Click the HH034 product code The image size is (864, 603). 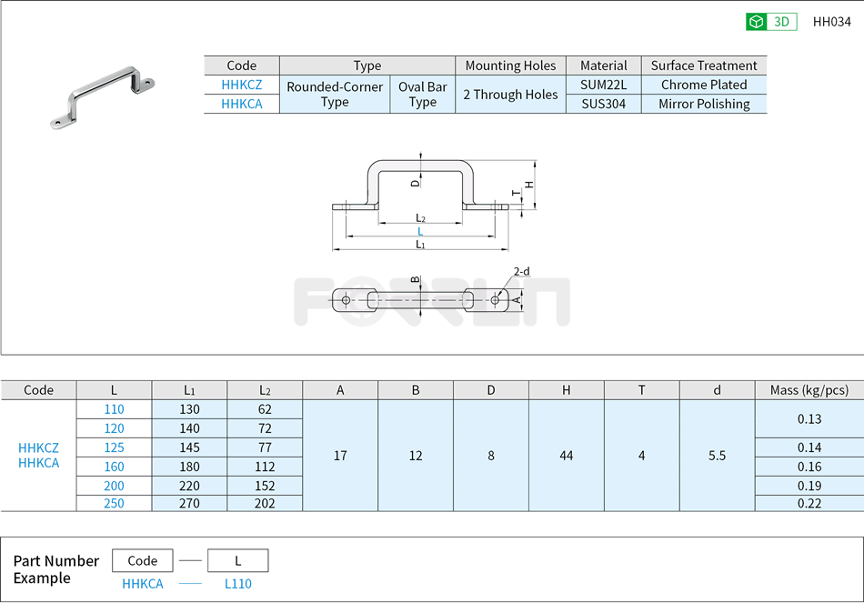click(x=831, y=22)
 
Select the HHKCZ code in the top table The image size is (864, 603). click(x=241, y=85)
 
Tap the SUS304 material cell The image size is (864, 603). click(x=603, y=104)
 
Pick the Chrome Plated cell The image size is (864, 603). click(x=703, y=85)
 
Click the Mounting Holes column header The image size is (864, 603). click(x=510, y=65)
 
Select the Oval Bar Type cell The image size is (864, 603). click(x=422, y=95)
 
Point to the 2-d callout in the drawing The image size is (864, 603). click(x=521, y=271)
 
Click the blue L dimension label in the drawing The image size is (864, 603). click(x=419, y=232)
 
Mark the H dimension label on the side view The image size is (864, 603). click(x=528, y=185)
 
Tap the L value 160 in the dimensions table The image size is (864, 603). click(x=114, y=467)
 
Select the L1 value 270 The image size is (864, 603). click(x=189, y=503)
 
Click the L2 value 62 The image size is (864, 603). click(x=265, y=409)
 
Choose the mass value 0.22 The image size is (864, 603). click(x=809, y=503)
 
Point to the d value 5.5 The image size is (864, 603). click(x=717, y=456)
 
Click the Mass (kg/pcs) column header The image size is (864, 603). click(x=809, y=390)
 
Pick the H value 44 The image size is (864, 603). click(x=566, y=456)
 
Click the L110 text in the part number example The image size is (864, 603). click(x=238, y=584)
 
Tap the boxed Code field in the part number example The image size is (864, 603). click(x=142, y=560)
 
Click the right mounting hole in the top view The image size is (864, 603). click(x=495, y=299)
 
